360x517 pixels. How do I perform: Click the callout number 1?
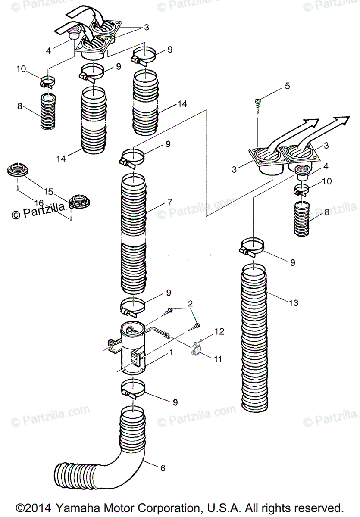[171, 352]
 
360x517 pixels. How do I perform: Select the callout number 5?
[288, 86]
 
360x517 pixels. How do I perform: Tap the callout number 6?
[163, 468]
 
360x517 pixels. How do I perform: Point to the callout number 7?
[170, 202]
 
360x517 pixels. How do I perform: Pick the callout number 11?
[218, 358]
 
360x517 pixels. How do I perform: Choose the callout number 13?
[293, 303]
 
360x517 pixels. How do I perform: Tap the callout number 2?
[190, 305]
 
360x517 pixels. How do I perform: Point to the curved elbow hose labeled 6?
[99, 465]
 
